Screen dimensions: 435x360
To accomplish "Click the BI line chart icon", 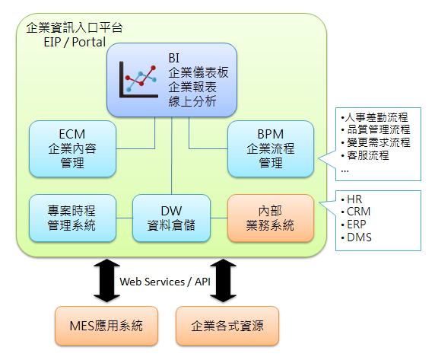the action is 138,80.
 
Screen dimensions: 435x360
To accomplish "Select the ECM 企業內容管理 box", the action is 73,148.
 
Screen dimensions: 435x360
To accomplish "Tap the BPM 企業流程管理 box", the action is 271,148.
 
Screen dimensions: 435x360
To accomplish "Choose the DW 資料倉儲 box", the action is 171,218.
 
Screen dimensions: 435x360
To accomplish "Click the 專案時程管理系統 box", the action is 73,218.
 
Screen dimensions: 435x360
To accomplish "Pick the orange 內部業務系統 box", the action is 271,218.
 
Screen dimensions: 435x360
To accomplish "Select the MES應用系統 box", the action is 106,326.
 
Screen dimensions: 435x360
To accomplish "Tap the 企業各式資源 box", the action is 227,326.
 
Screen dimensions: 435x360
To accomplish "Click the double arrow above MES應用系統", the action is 106,281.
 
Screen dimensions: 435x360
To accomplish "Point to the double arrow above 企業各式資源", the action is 224,281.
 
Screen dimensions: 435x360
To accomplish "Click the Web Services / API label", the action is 165,282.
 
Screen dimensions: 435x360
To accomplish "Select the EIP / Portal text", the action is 75,42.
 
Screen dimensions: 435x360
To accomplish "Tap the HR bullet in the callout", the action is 351,199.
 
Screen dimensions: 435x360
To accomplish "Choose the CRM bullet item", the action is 356,212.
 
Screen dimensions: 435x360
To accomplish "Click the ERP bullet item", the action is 354,225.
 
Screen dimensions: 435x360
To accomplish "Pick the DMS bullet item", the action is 356,237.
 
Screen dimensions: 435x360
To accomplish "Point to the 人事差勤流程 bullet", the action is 374,117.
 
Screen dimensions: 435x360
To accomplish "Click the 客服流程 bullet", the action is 365,155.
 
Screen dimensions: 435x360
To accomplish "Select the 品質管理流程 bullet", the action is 376,129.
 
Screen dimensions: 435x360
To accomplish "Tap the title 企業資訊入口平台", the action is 75,27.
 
